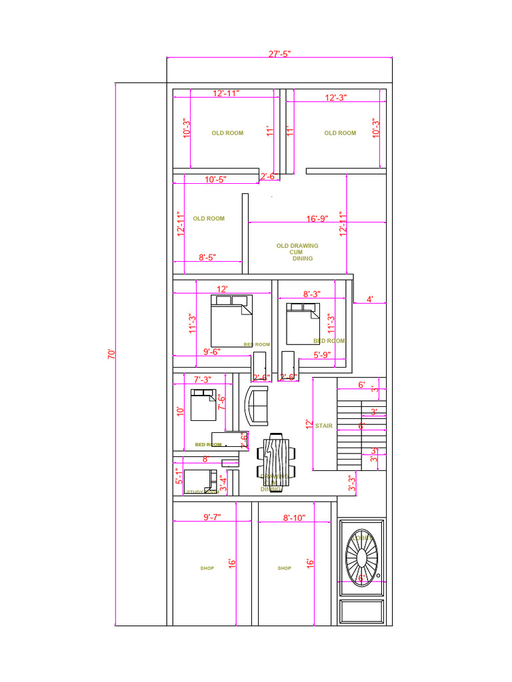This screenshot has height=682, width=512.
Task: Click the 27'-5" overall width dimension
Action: click(x=279, y=54)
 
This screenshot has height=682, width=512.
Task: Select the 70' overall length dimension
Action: click(x=112, y=354)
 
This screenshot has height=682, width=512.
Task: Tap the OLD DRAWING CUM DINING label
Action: click(x=297, y=252)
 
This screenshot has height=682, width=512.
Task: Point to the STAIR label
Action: click(x=324, y=426)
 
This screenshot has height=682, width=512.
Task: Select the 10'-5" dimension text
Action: click(x=215, y=179)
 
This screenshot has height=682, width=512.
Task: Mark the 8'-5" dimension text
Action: click(x=211, y=257)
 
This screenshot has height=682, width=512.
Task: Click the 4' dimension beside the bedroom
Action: click(x=370, y=300)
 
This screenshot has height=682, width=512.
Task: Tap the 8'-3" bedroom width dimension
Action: click(x=311, y=294)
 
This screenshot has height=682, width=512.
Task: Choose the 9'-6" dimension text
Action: click(x=212, y=352)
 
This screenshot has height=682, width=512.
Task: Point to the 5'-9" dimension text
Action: click(x=323, y=356)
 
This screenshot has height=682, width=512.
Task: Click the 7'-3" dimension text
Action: click(x=203, y=380)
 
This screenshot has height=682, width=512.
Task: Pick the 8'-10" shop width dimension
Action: click(x=294, y=517)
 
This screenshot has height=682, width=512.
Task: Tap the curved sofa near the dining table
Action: click(x=257, y=405)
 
